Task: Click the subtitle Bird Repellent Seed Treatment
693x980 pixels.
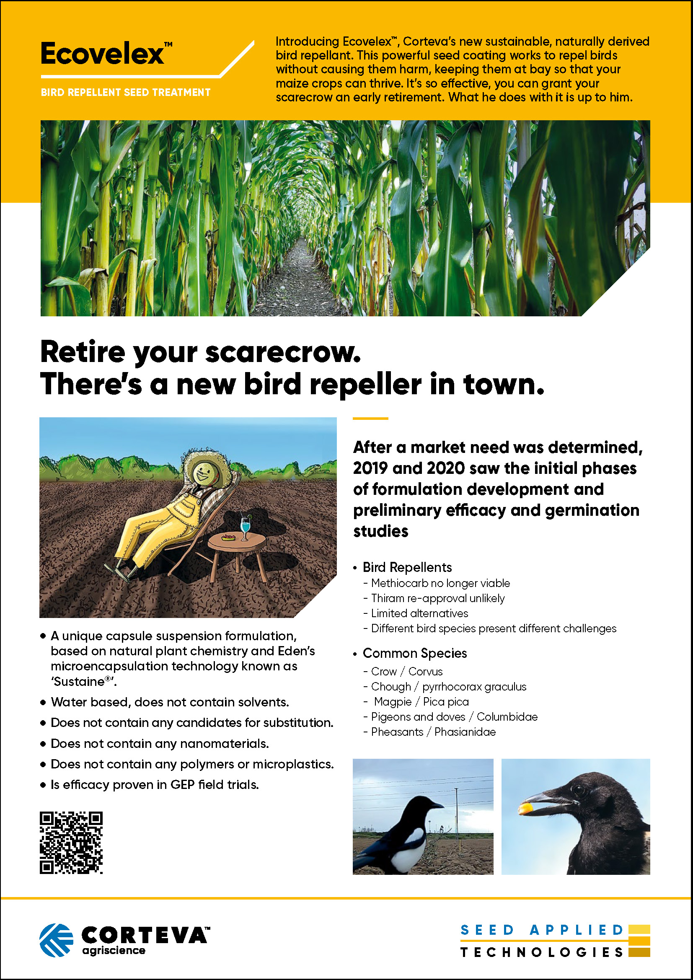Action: coord(125,93)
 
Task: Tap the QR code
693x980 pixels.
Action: coord(71,843)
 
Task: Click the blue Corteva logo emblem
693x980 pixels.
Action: coord(56,940)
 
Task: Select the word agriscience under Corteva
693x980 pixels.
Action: coord(114,951)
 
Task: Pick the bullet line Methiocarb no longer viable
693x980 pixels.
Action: coord(437,583)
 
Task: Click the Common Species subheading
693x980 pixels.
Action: coord(415,653)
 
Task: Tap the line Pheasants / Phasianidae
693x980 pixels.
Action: coord(429,732)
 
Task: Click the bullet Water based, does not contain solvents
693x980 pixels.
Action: coord(170,702)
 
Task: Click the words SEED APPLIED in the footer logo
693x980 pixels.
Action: coord(542,930)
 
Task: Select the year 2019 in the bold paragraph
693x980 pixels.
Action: coord(370,468)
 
